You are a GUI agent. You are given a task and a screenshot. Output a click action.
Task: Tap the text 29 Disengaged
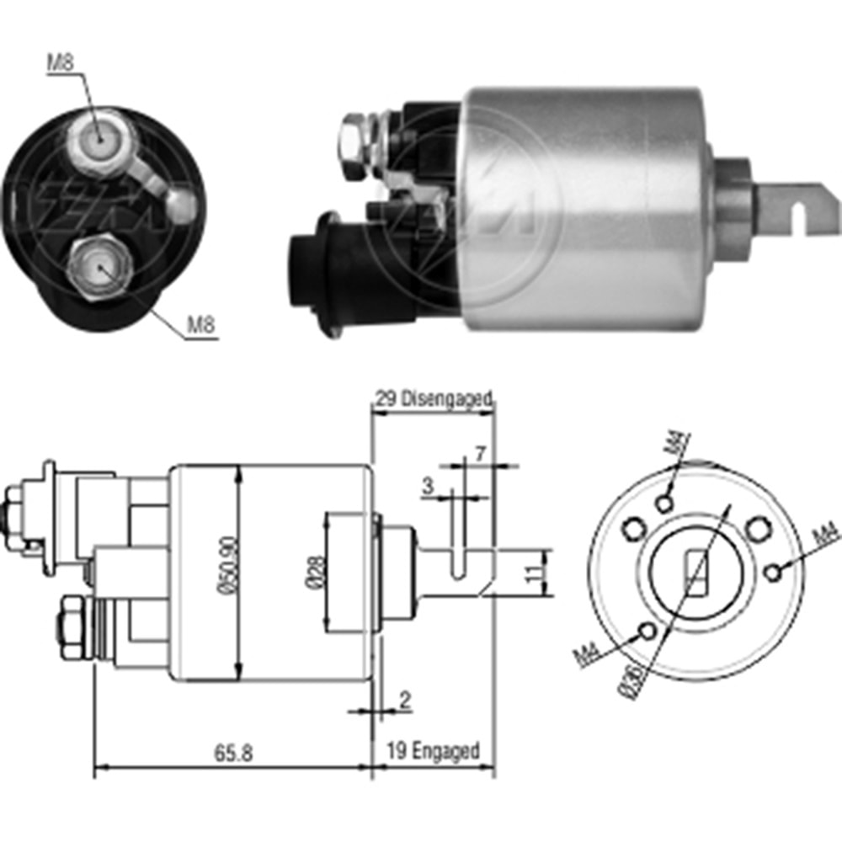pyautogui.click(x=433, y=399)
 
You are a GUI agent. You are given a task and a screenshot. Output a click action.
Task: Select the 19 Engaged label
pyautogui.click(x=433, y=750)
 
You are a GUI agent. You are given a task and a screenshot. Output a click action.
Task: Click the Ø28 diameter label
pyautogui.click(x=312, y=572)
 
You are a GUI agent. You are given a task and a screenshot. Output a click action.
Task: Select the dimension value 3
pyautogui.click(x=428, y=484)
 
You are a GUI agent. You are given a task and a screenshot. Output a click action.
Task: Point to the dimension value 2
pyautogui.click(x=405, y=699)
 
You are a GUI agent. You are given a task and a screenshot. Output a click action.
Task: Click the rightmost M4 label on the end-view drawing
pyautogui.click(x=826, y=534)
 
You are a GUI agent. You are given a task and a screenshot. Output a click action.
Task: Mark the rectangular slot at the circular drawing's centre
pyautogui.click(x=695, y=573)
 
